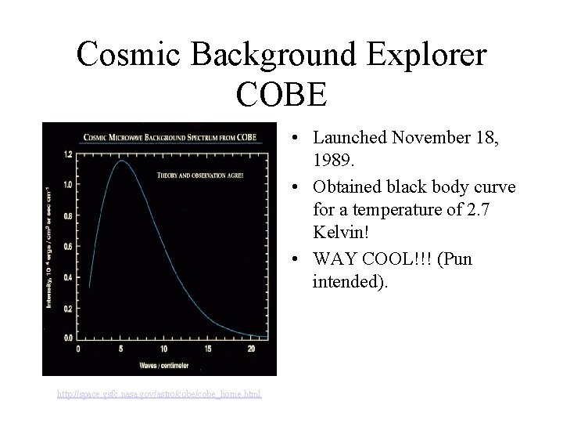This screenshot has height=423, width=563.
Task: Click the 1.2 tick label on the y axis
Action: pyautogui.click(x=67, y=154)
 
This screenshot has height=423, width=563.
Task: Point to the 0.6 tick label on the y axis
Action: pyautogui.click(x=67, y=247)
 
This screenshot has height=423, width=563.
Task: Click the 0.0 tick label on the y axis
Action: pyautogui.click(x=67, y=338)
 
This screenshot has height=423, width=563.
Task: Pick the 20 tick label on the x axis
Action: pyautogui.click(x=250, y=349)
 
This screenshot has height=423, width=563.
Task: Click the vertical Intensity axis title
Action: pyautogui.click(x=52, y=247)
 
